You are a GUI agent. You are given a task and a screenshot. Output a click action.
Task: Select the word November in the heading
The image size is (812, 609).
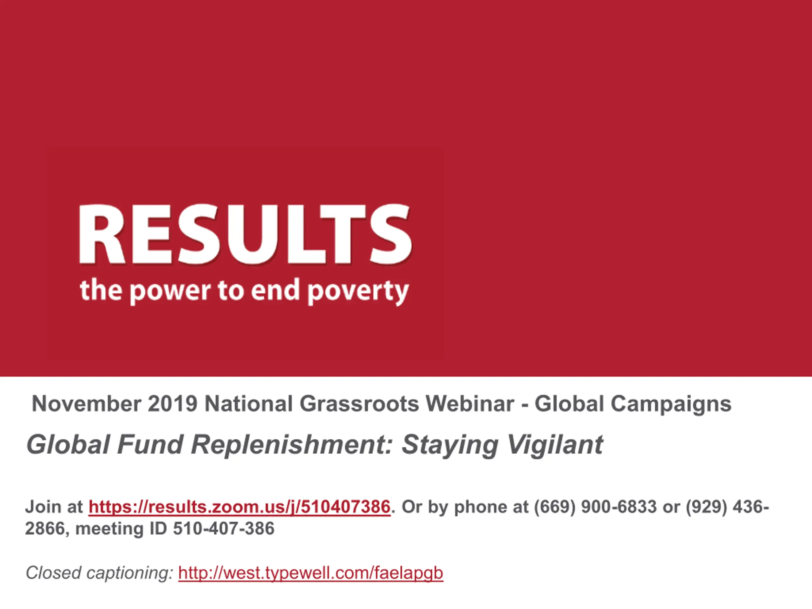tap(86, 404)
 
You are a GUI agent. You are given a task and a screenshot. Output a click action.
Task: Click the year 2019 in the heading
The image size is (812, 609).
tap(173, 404)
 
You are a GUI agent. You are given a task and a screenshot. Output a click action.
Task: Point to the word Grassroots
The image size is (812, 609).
tap(359, 404)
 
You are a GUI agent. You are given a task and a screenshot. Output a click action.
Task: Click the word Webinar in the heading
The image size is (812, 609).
tap(469, 404)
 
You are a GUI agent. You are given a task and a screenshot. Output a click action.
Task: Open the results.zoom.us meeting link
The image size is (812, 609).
tap(239, 507)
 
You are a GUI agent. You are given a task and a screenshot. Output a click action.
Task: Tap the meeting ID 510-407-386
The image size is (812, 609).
tap(224, 529)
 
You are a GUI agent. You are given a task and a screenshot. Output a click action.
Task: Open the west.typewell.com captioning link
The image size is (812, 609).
tap(311, 573)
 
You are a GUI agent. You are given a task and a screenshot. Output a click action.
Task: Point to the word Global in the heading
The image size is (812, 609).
tap(569, 404)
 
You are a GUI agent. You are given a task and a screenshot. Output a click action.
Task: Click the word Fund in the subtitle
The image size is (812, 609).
tap(150, 445)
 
